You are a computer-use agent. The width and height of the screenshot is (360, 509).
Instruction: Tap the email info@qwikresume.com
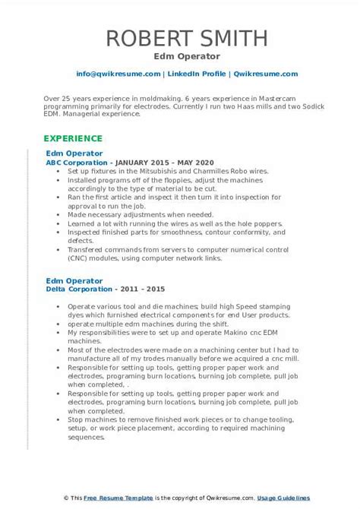point(118,74)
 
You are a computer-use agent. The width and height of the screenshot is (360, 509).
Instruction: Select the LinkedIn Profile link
point(197,74)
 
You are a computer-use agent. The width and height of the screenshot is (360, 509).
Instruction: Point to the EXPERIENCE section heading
point(73,138)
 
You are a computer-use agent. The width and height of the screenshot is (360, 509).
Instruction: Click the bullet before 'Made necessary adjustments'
point(58,214)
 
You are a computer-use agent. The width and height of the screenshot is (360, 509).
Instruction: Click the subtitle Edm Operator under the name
point(179,56)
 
